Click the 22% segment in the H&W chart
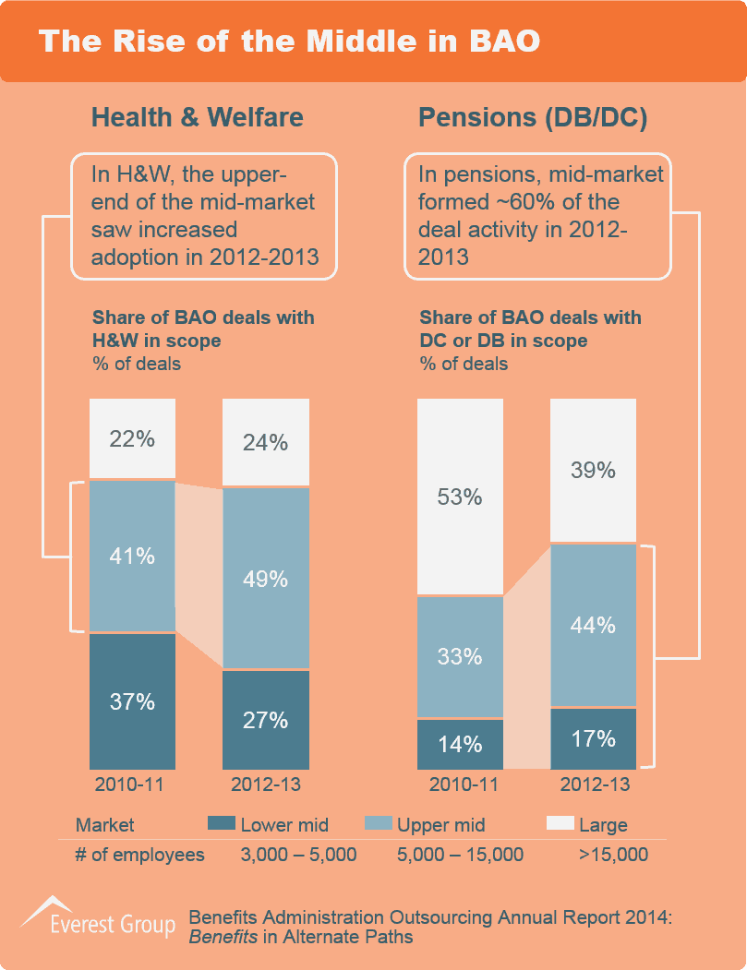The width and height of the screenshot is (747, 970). (132, 439)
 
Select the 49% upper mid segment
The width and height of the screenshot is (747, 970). (266, 579)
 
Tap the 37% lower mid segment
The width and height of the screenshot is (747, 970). (132, 701)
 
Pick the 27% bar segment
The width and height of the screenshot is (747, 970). (266, 720)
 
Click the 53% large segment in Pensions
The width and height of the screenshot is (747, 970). (460, 497)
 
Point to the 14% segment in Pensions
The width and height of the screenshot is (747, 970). (460, 744)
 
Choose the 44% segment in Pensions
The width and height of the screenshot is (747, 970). (593, 625)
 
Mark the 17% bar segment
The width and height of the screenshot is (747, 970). (593, 738)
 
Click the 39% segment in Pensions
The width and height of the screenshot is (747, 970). (593, 470)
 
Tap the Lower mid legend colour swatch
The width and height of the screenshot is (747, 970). (222, 823)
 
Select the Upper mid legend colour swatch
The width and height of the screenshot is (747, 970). (379, 823)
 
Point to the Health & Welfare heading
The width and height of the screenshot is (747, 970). (197, 117)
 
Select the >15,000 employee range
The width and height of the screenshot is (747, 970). (613, 855)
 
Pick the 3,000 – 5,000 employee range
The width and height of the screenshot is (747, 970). (298, 855)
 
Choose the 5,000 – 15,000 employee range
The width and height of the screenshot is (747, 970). (459, 855)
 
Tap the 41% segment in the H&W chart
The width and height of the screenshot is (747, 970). (132, 556)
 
